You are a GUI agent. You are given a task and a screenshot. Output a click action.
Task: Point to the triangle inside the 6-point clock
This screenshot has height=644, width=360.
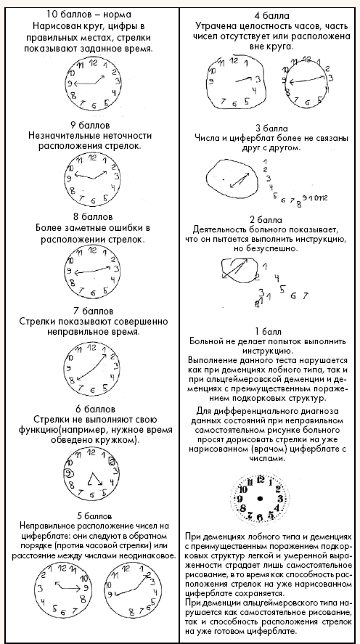[94, 480]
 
